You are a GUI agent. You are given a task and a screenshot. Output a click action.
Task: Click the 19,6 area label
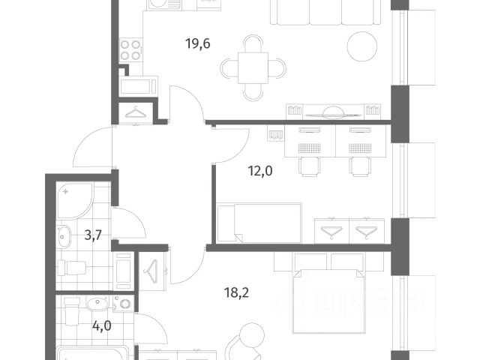pos(198,43)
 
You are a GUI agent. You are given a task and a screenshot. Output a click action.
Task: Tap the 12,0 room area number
pos(260,171)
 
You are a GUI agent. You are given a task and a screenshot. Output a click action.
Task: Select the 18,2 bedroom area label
pos(237,293)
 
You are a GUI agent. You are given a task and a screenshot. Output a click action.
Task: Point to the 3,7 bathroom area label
pos(93,235)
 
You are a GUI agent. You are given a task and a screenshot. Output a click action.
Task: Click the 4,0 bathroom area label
pos(102,326)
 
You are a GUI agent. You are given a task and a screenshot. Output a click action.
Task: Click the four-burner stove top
pos(130,50)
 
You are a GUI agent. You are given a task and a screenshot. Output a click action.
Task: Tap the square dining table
pos(253,68)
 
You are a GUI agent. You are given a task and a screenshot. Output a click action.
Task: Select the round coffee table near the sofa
pos(362,46)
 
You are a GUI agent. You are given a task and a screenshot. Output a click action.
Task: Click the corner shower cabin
pos(74,201)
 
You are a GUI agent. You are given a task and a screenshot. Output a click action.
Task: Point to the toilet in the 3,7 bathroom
pos(72,268)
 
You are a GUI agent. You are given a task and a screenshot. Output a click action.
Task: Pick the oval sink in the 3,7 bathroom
pos(64,236)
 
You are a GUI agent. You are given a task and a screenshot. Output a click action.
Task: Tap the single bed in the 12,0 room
pos(259,223)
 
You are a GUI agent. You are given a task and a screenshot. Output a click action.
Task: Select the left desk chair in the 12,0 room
pos(310,166)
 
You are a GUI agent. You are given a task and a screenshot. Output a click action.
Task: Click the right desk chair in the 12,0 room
pos(360,166)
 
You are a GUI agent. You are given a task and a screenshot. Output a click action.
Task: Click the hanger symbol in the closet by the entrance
pos(136,112)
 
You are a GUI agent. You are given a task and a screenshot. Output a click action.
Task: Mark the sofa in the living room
pos(326,12)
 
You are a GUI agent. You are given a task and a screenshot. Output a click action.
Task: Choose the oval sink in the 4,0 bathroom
pos(97,304)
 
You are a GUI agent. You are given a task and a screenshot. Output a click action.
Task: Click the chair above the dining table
pos(253,43)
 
